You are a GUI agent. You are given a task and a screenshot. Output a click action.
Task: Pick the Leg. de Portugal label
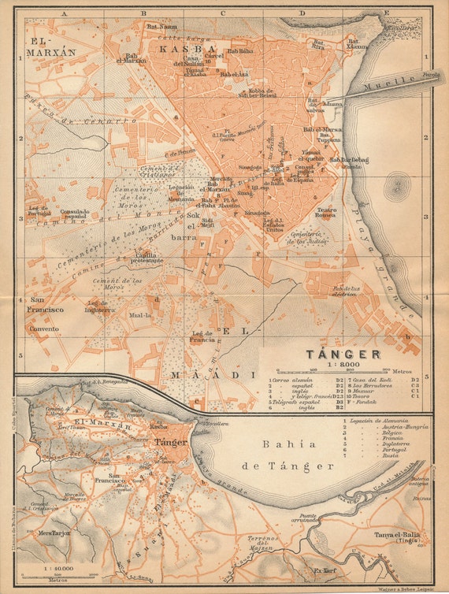click(39, 211)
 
